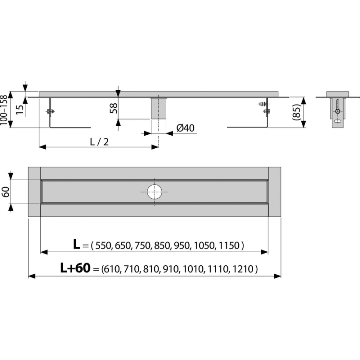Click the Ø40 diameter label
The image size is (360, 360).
pos(185,128)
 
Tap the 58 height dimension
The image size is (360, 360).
pos(114,108)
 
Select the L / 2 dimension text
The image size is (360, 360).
pos(99,142)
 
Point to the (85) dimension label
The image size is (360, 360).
pos(296,112)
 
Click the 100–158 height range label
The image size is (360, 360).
pos(4,110)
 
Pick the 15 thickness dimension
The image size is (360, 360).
pos(20,110)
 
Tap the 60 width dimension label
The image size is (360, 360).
pos(5,192)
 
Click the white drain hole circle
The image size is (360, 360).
pos(154,192)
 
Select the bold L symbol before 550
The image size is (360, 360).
pos(76,244)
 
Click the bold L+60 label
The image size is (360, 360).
pos(75,268)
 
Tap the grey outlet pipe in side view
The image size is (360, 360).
pos(158,109)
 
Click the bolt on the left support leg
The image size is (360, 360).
pos(50,111)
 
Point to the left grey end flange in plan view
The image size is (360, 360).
pos(34,192)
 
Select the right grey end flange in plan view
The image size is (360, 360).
pos(275,192)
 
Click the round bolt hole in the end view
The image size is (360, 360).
pos(338,111)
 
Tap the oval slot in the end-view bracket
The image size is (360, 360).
pos(338,121)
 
